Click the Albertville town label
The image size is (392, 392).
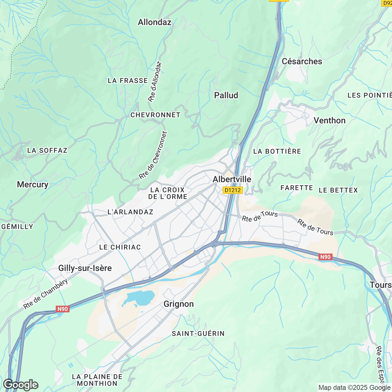pos(232,179)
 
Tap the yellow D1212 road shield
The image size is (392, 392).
pos(232,190)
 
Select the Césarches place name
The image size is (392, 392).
pos(302,61)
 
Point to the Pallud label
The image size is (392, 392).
pos(226,95)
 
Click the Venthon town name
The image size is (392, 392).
pos(330,120)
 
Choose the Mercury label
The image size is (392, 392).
pos(32,184)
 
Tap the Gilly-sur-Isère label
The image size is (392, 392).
pos(85,268)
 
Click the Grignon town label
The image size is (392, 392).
pos(179,304)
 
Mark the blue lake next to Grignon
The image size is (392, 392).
pos(141,297)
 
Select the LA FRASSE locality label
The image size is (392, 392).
pos(128,81)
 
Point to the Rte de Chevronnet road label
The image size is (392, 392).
pos(153,156)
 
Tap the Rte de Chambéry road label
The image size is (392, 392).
pos(46,294)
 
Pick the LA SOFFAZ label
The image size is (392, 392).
pos(47,150)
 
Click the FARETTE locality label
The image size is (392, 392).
pos(296,188)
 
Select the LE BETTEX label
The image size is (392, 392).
pos(338,190)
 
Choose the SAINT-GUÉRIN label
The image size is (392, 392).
pos(198,334)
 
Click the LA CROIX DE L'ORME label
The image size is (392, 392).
pos(168,193)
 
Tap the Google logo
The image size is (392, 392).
pos(21,384)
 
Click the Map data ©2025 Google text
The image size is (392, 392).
pos(354,387)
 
